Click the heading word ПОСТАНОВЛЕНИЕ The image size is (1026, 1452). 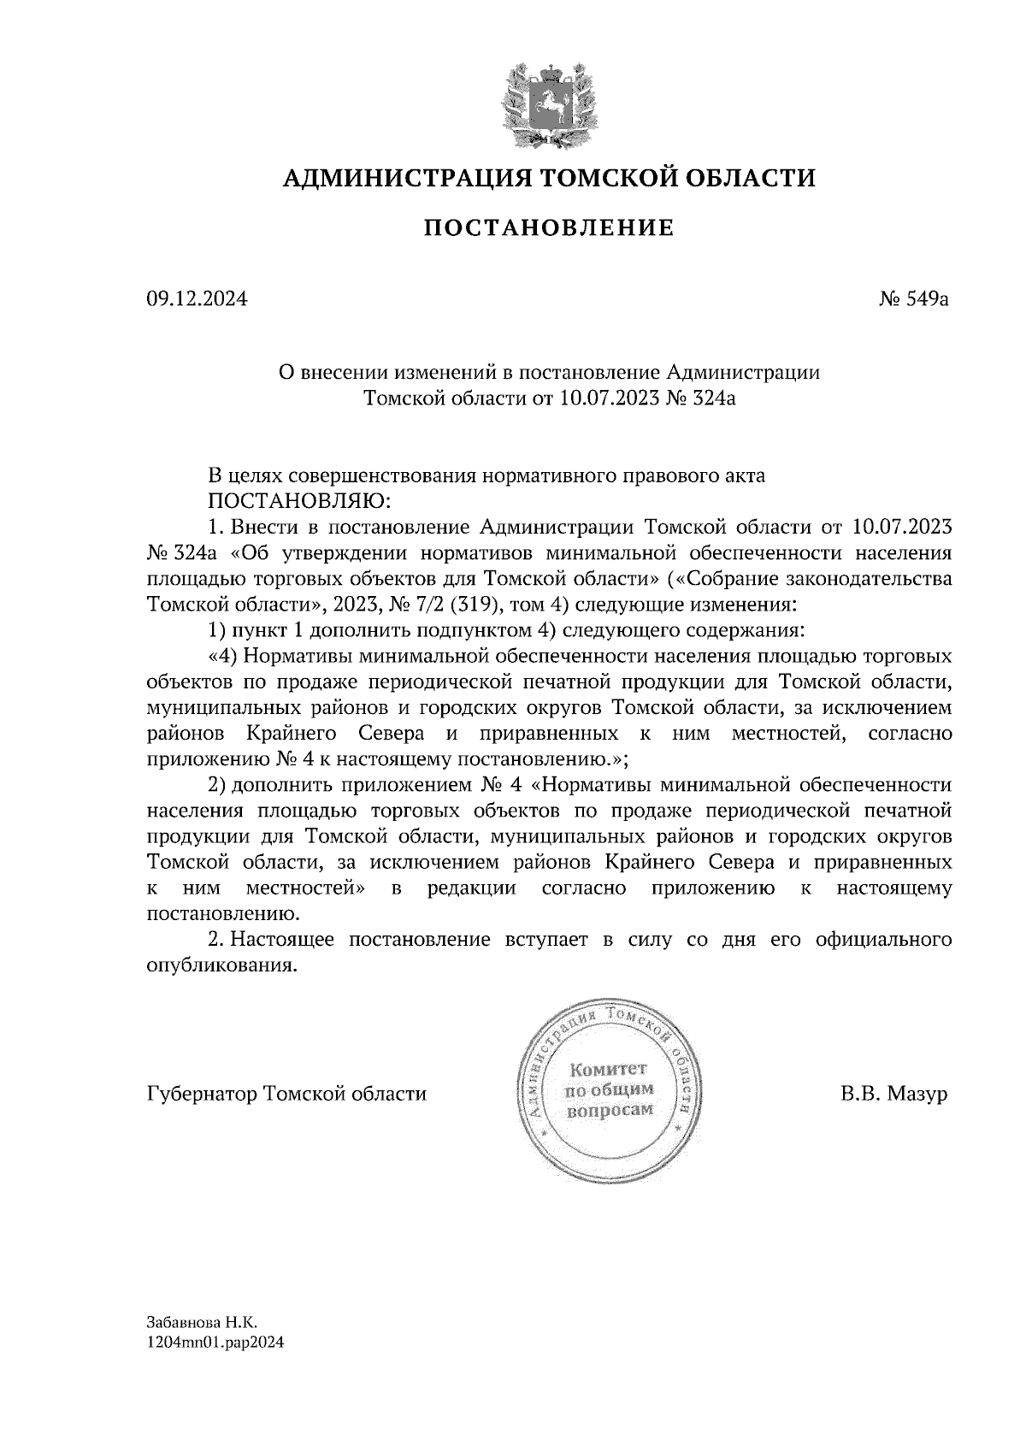(x=549, y=227)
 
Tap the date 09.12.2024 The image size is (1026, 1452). (x=198, y=299)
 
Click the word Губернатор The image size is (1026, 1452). (x=203, y=1094)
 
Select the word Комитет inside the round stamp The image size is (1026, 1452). (x=609, y=1069)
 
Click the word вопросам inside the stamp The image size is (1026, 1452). (x=609, y=1110)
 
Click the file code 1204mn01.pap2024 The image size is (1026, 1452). (x=215, y=1343)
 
